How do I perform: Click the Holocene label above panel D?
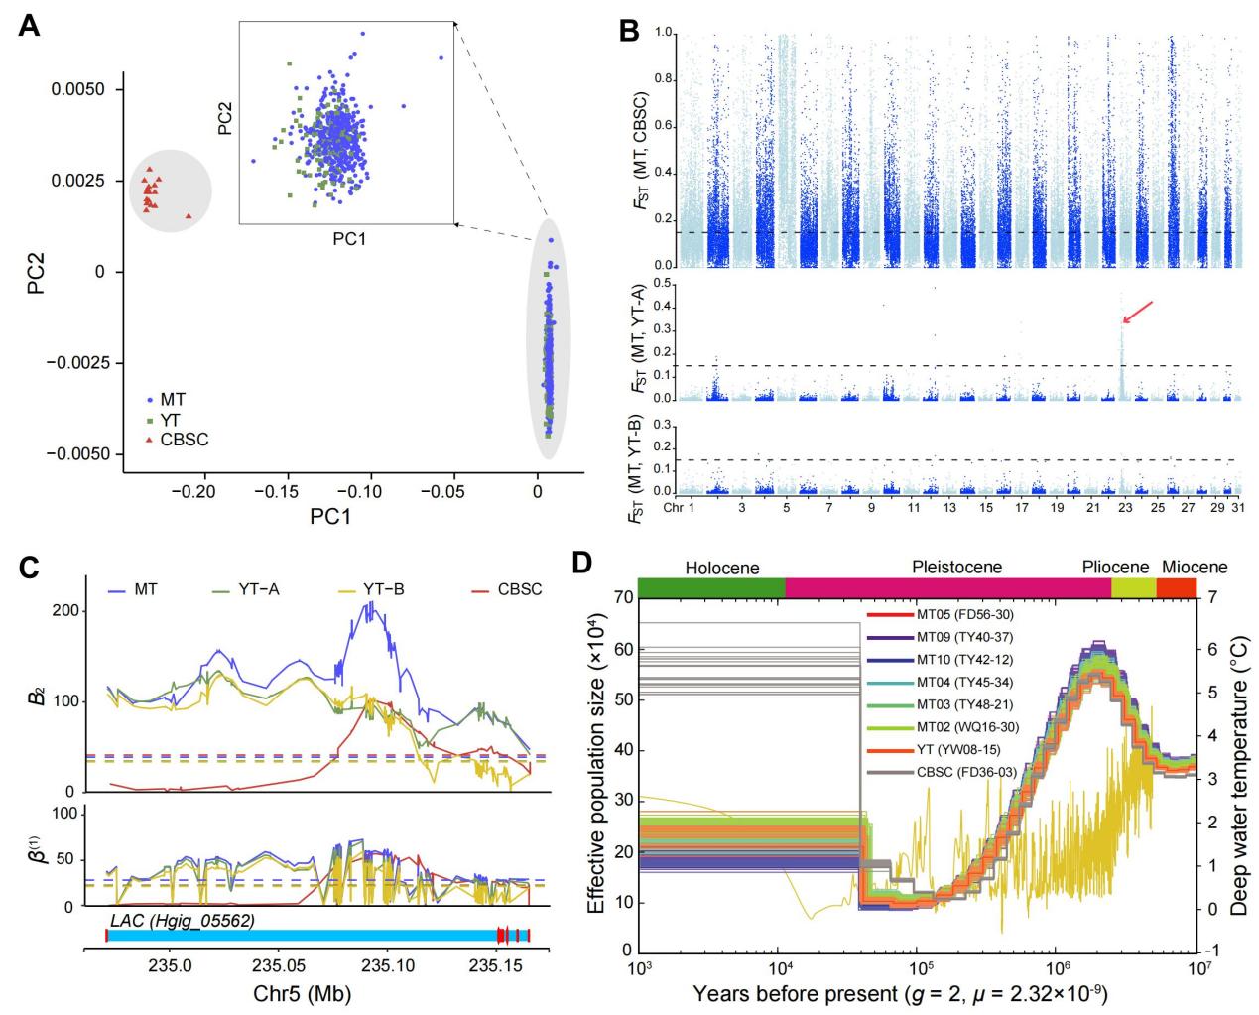point(721,569)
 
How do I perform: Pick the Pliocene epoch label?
point(1115,569)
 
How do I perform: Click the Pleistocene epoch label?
point(956,569)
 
